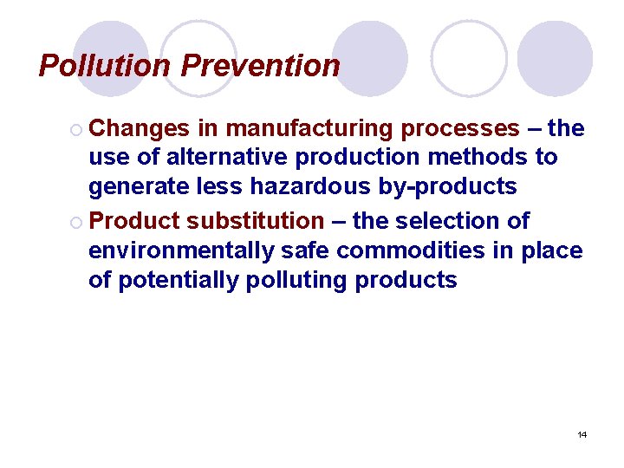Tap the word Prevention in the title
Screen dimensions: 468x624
(x=261, y=66)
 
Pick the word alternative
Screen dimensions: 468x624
(x=229, y=158)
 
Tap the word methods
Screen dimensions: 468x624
(x=491, y=158)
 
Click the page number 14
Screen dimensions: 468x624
(x=582, y=434)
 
